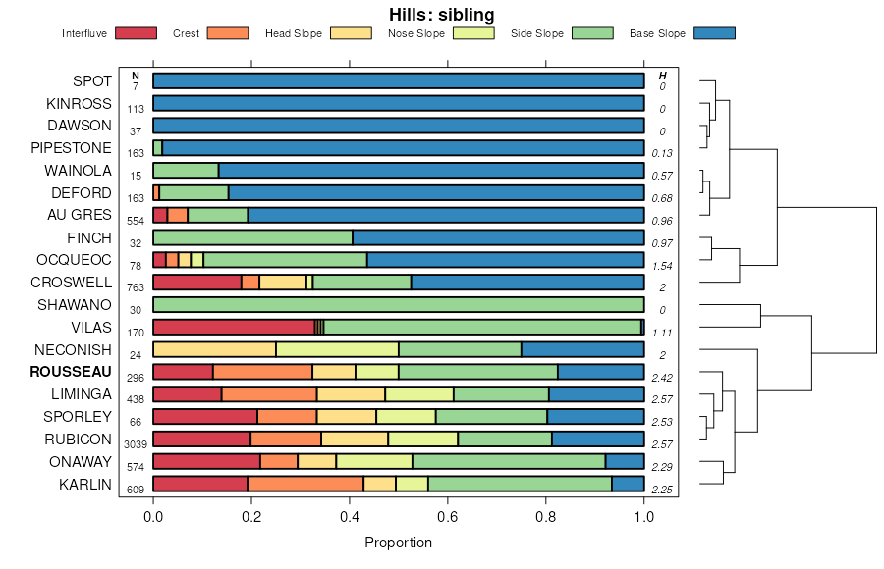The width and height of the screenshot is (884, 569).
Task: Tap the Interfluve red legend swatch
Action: click(x=136, y=33)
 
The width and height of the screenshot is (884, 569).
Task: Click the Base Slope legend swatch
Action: click(x=714, y=33)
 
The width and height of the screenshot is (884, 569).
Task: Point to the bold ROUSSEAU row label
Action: click(x=71, y=372)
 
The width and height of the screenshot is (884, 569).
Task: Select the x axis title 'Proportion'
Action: click(x=398, y=543)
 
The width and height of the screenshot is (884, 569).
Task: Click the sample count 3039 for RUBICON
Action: click(x=136, y=444)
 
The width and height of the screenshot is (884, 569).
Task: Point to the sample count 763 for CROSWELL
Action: click(x=136, y=287)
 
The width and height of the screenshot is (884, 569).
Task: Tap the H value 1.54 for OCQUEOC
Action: click(x=663, y=266)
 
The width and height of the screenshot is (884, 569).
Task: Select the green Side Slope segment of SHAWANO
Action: click(x=398, y=304)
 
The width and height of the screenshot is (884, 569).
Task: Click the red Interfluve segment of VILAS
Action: click(x=233, y=327)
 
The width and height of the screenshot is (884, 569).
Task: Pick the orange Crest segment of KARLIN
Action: click(x=304, y=483)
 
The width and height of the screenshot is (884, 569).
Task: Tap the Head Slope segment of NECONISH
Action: click(x=214, y=349)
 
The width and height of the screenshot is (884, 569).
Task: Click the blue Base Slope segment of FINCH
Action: click(x=498, y=237)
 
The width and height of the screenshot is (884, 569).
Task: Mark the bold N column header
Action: click(x=136, y=76)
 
